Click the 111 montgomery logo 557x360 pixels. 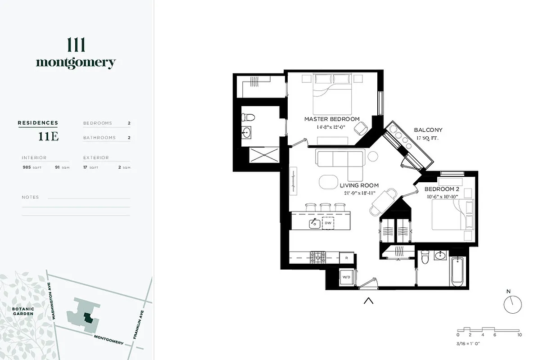76,54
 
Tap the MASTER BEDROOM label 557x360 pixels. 332,119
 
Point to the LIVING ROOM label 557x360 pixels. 359,185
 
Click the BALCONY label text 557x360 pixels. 428,130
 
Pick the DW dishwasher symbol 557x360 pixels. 328,223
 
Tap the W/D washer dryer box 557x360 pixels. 346,277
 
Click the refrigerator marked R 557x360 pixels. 346,258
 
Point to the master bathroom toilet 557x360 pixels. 248,118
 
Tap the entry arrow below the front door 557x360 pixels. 368,301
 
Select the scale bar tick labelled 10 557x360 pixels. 519,335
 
